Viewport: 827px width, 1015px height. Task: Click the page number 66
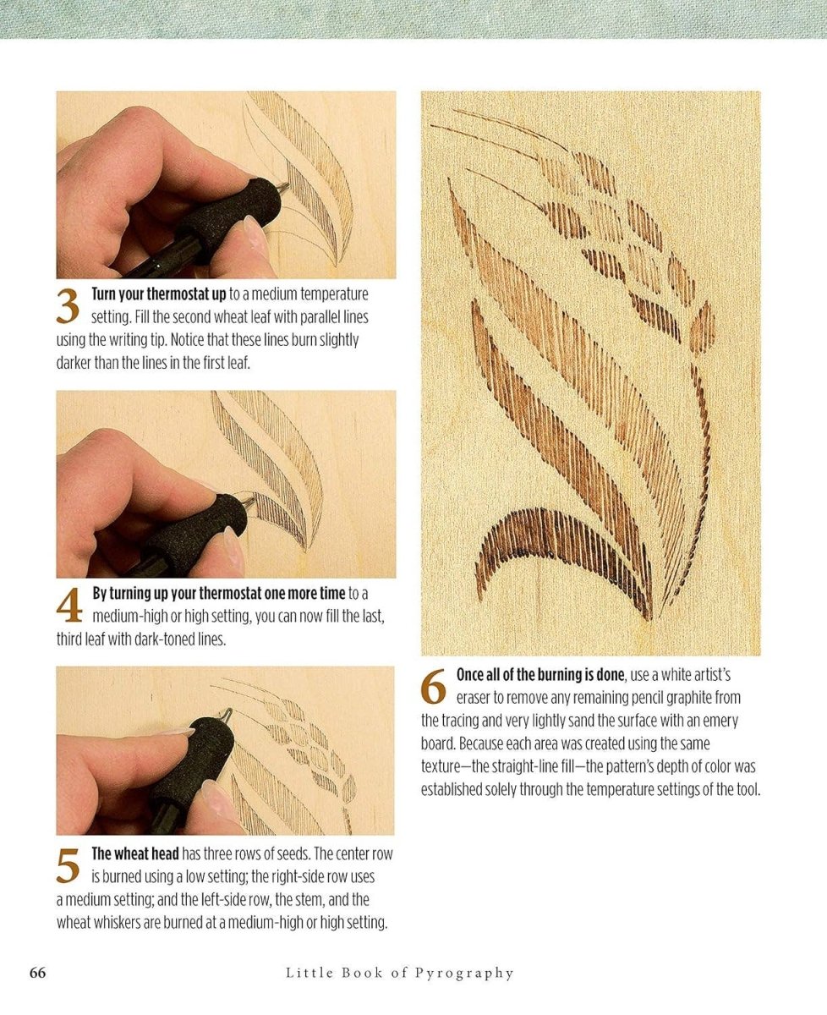[37, 973]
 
